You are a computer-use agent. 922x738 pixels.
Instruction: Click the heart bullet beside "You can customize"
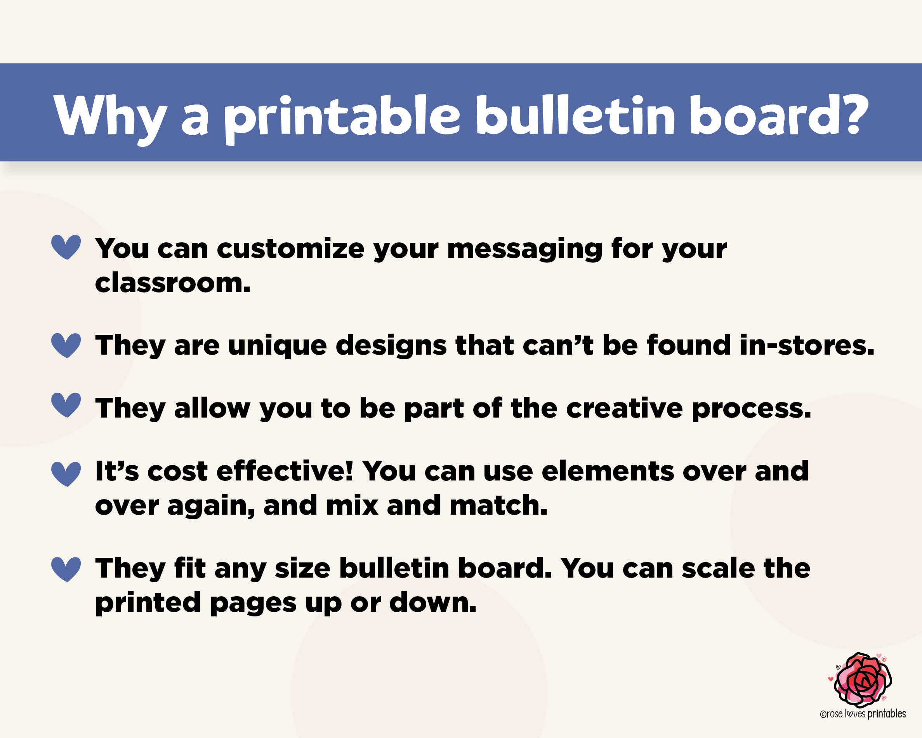(66, 247)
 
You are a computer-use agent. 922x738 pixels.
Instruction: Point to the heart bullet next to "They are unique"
(66, 345)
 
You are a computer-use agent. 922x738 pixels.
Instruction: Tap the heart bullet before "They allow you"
(66, 405)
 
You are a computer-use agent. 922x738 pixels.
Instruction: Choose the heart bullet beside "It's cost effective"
(66, 473)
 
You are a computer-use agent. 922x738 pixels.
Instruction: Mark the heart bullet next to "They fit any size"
(66, 569)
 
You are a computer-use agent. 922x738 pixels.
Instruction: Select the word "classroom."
(173, 283)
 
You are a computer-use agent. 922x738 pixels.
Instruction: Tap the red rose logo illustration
(863, 680)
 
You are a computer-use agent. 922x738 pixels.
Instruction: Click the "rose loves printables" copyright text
(863, 714)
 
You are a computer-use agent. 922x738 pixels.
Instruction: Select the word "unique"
(278, 346)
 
